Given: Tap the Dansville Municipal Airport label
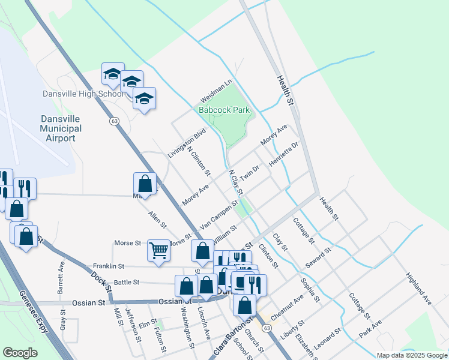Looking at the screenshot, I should point(61,128).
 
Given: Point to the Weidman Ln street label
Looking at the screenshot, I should point(215,91).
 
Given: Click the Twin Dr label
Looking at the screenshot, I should point(249,173).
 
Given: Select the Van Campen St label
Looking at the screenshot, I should point(220,214).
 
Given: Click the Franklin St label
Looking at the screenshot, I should point(108,266).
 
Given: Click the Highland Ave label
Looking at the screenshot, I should point(418,289).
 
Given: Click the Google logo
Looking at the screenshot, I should point(20,353).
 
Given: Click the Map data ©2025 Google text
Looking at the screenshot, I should point(411,355).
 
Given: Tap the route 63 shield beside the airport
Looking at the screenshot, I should point(113,121).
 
